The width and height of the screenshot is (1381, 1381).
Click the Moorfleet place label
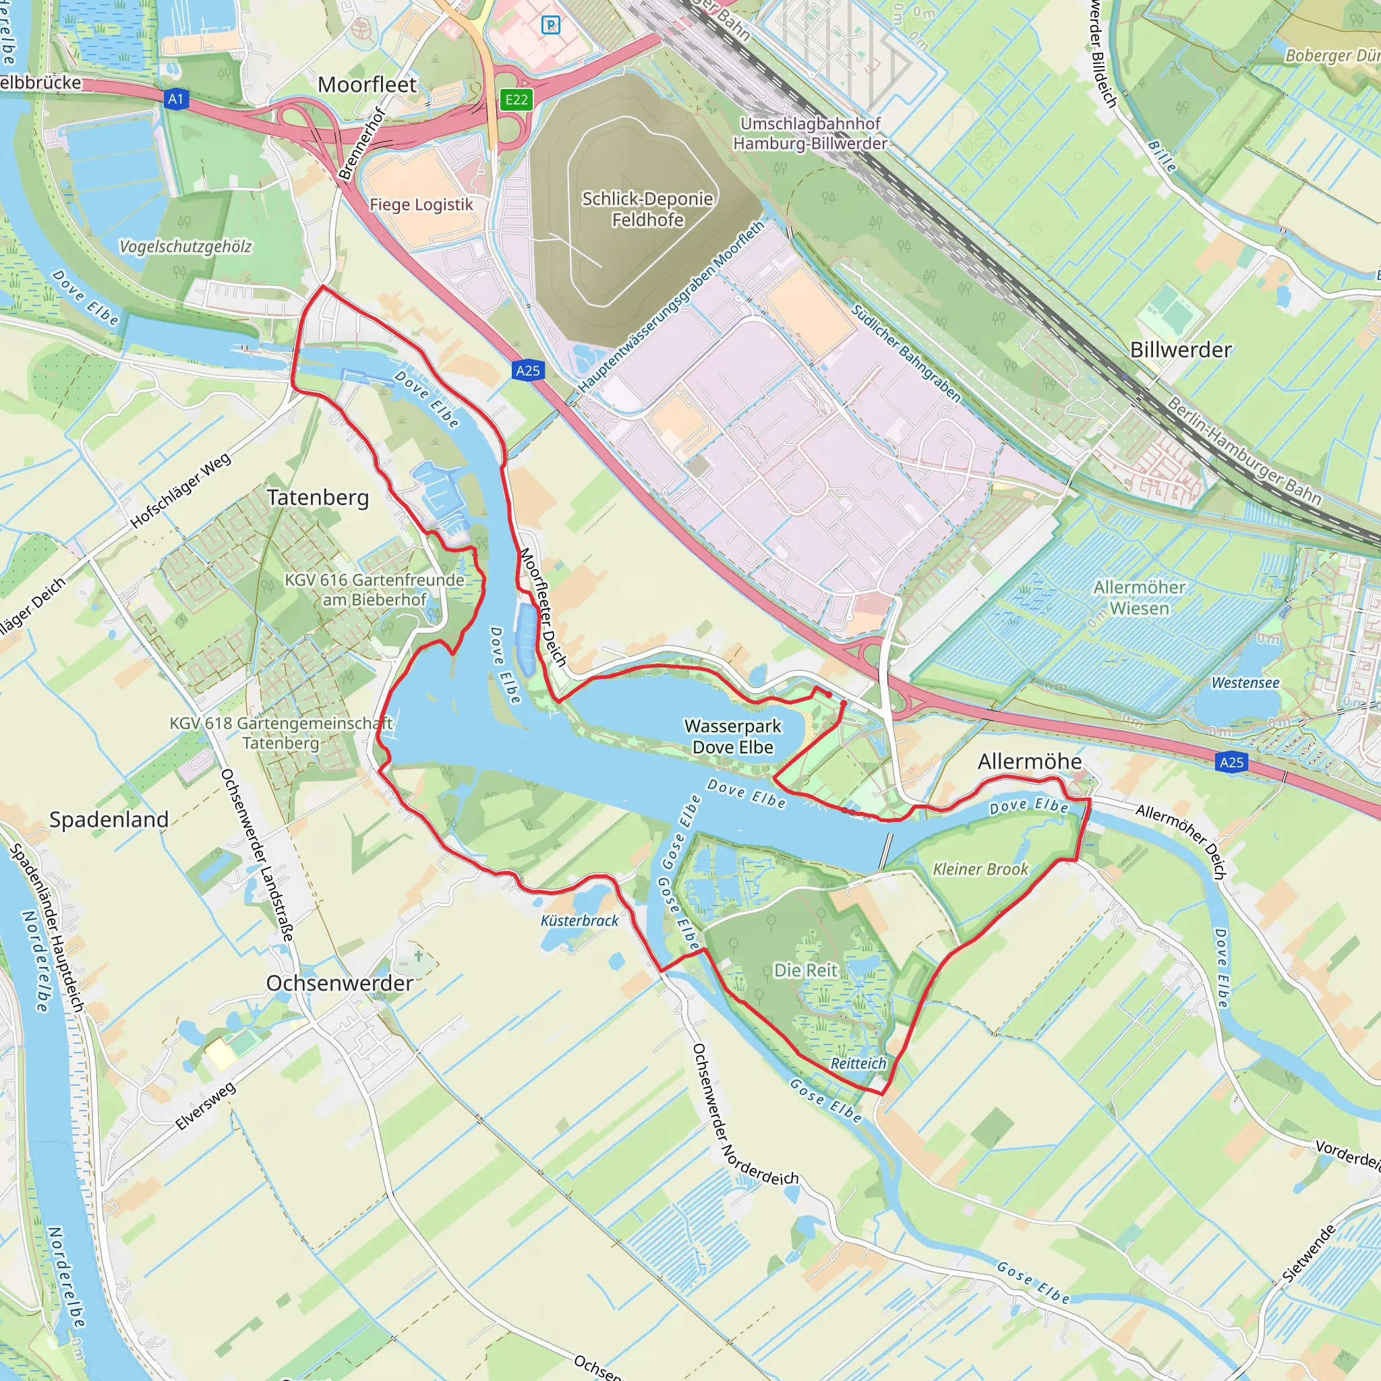pyautogui.click(x=367, y=85)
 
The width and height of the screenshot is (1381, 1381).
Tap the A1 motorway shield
pyautogui.click(x=176, y=98)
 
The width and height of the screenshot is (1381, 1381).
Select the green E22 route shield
pyautogui.click(x=516, y=99)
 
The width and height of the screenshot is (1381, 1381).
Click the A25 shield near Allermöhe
pyautogui.click(x=1231, y=762)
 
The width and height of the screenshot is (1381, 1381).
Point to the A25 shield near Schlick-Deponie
pyautogui.click(x=527, y=370)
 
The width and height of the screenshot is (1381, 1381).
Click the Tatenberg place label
pyautogui.click(x=318, y=498)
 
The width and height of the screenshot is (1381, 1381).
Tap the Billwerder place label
pyautogui.click(x=1181, y=350)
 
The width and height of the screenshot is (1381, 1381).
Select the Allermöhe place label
pyautogui.click(x=1029, y=762)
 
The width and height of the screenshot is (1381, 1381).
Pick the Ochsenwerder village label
pyautogui.click(x=340, y=983)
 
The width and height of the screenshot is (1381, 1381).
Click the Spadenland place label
pyautogui.click(x=109, y=820)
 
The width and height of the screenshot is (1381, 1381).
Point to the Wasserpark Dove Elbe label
pyautogui.click(x=733, y=736)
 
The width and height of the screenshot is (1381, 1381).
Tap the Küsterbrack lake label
pyautogui.click(x=579, y=920)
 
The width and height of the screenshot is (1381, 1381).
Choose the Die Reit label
pyautogui.click(x=806, y=970)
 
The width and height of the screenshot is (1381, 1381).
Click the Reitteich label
pyautogui.click(x=858, y=1063)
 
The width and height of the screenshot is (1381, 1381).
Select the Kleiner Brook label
pyautogui.click(x=980, y=869)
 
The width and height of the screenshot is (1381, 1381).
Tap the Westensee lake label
pyautogui.click(x=1245, y=682)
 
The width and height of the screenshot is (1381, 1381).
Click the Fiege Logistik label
pyautogui.click(x=421, y=205)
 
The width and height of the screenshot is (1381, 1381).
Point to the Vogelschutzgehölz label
pyautogui.click(x=185, y=247)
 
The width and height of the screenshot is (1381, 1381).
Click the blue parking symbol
pyautogui.click(x=550, y=25)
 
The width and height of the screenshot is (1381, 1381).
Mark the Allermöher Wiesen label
pyautogui.click(x=1140, y=597)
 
